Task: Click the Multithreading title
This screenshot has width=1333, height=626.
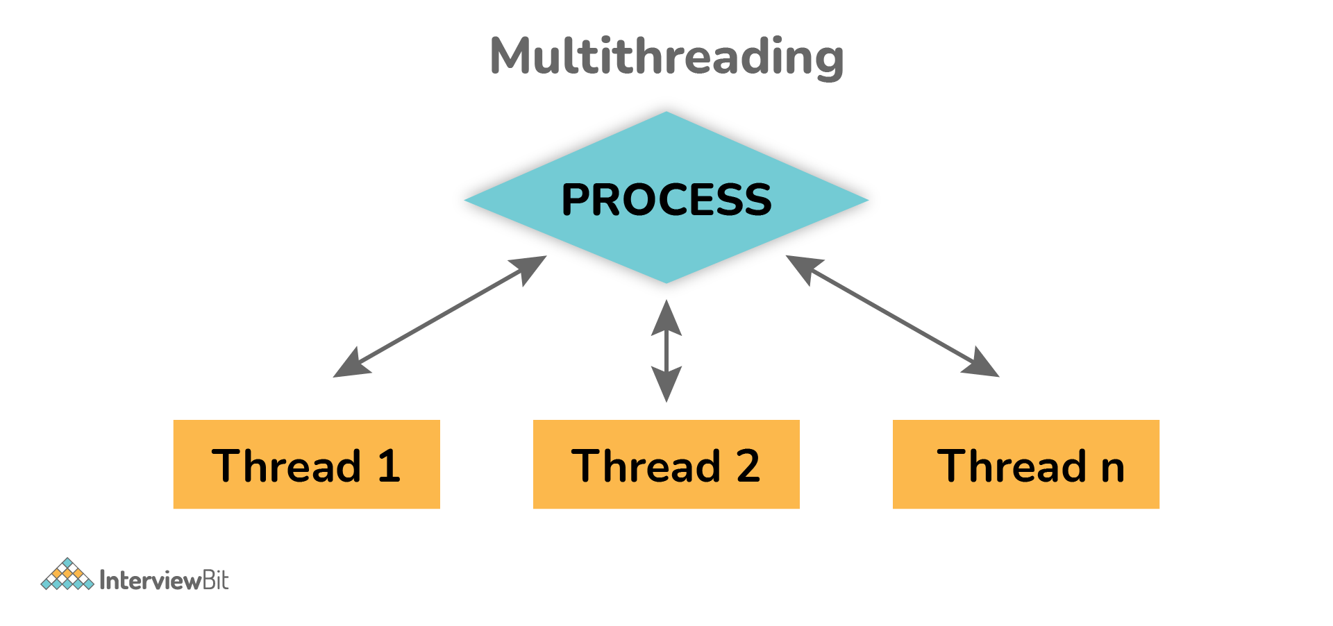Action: click(666, 57)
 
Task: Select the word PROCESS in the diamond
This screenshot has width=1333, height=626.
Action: click(666, 200)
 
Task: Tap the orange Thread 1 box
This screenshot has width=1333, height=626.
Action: click(306, 464)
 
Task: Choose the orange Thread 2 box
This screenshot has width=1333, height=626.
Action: click(666, 464)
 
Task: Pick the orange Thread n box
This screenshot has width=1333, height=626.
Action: click(1025, 464)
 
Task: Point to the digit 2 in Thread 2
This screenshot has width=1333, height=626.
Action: click(748, 466)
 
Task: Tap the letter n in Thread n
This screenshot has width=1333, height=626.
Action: click(1112, 468)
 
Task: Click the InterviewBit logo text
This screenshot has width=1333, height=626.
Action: click(164, 580)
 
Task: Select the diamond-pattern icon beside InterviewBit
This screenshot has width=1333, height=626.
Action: click(67, 575)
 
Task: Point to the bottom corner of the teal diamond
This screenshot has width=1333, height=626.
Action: click(666, 282)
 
